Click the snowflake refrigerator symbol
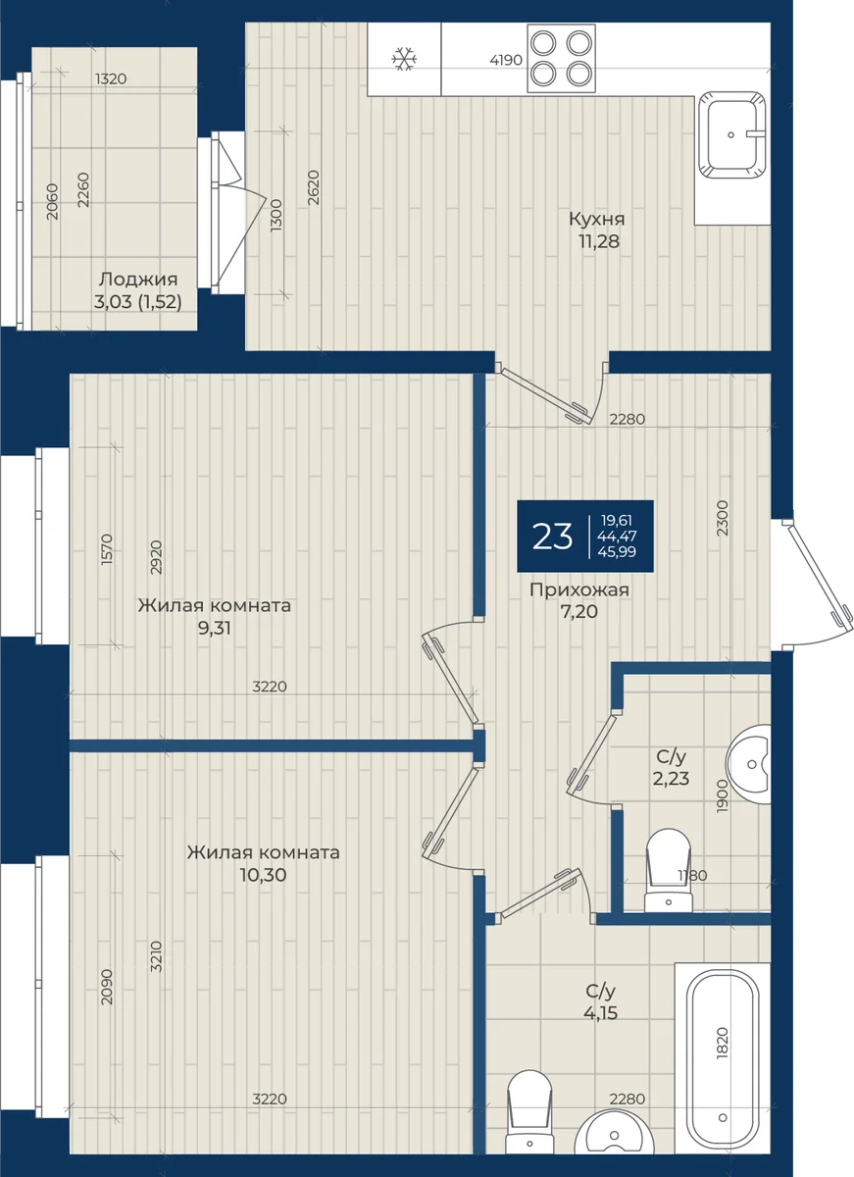click(404, 59)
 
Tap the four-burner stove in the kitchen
click(561, 59)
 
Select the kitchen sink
click(731, 135)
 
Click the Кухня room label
click(597, 219)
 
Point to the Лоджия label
click(138, 279)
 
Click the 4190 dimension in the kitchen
click(506, 60)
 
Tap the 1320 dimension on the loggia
click(111, 78)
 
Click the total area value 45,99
click(617, 551)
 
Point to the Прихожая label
click(579, 589)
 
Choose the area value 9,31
click(215, 628)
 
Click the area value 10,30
click(263, 875)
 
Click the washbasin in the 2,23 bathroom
click(749, 764)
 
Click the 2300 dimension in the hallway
click(723, 518)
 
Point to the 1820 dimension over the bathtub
click(723, 1043)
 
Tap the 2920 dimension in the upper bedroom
click(156, 557)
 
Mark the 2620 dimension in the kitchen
click(313, 187)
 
